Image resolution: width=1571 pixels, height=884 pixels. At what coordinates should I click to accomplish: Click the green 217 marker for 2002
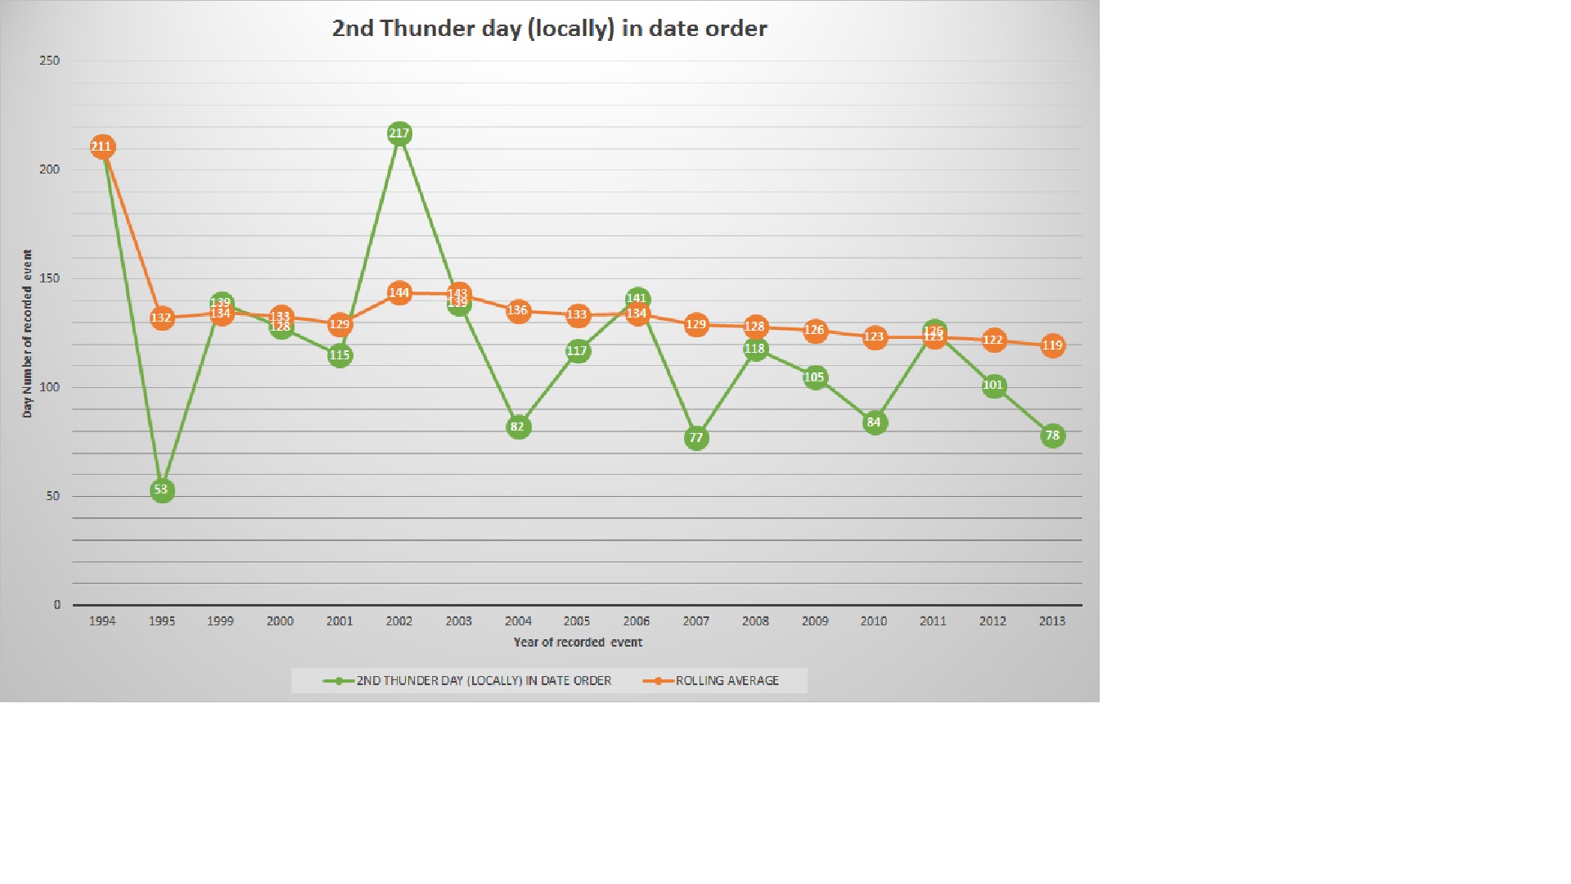click(x=399, y=133)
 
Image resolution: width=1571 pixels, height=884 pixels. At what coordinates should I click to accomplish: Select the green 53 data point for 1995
click(x=161, y=490)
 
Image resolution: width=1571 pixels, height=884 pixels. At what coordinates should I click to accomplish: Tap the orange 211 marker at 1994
click(x=102, y=147)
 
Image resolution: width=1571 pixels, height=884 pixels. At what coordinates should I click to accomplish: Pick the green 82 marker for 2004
click(x=518, y=426)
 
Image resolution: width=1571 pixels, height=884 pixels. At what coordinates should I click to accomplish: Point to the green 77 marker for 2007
click(x=696, y=438)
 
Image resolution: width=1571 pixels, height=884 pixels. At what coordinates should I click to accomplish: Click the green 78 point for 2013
click(x=1052, y=435)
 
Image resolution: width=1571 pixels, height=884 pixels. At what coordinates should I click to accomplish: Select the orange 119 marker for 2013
click(x=1052, y=345)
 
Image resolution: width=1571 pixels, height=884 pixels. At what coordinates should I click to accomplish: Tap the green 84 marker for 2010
click(x=874, y=422)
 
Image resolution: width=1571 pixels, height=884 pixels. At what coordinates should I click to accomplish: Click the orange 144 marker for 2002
click(x=399, y=293)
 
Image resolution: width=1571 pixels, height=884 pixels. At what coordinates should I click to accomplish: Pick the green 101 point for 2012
click(x=993, y=386)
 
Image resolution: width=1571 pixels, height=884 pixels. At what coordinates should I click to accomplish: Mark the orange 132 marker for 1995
click(x=161, y=318)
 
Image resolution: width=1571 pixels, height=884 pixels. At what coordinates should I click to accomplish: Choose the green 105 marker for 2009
click(x=815, y=377)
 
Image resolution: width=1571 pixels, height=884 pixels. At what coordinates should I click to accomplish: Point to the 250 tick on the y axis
click(x=50, y=61)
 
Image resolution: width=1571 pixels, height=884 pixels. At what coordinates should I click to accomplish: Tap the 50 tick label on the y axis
click(x=53, y=496)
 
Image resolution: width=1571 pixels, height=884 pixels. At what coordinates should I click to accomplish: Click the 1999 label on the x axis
click(x=220, y=621)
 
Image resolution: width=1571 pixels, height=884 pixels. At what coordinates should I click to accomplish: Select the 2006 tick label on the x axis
click(x=637, y=621)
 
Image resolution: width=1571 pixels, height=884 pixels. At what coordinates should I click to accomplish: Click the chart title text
click(x=549, y=29)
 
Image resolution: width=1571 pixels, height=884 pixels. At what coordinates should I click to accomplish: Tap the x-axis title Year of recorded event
click(x=578, y=643)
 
